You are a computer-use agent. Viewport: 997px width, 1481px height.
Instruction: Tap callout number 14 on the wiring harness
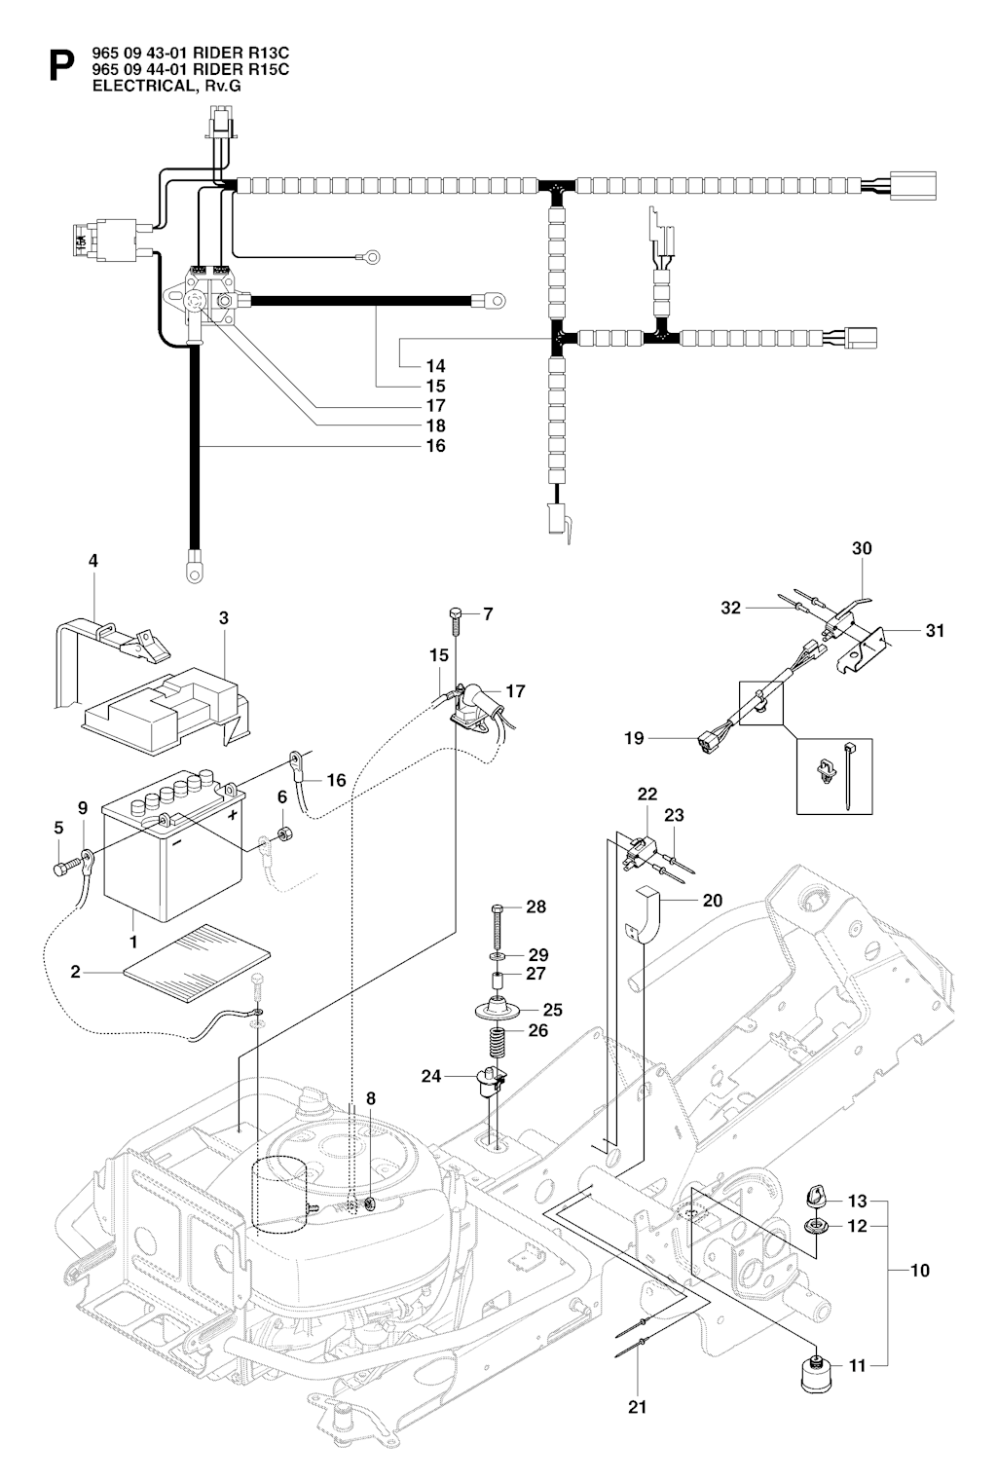point(435,366)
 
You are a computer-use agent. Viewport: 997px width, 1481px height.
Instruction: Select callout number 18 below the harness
point(435,426)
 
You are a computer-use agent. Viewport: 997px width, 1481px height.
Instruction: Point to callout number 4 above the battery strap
point(92,561)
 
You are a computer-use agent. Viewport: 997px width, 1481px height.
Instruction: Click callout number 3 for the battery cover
point(224,617)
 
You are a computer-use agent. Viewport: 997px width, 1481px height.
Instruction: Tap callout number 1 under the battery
point(133,942)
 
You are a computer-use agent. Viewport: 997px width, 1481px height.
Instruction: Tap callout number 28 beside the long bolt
point(535,907)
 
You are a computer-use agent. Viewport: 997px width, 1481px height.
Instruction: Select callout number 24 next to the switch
point(431,1076)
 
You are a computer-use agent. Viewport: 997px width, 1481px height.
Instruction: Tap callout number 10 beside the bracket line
point(919,1270)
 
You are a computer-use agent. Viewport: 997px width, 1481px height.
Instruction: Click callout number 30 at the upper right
point(862,548)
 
